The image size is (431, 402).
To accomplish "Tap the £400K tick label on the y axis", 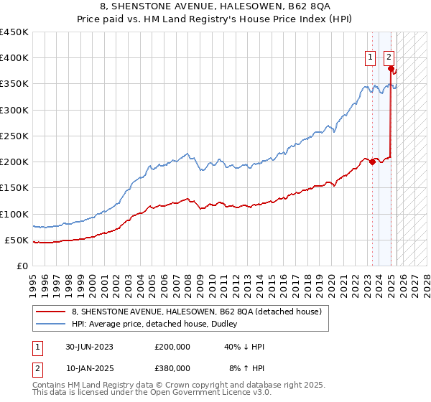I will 14,58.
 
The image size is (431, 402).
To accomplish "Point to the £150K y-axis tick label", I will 14,188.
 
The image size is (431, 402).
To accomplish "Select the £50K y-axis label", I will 17,240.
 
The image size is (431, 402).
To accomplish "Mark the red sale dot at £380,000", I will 391,69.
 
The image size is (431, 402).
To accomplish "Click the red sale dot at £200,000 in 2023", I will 372,162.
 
